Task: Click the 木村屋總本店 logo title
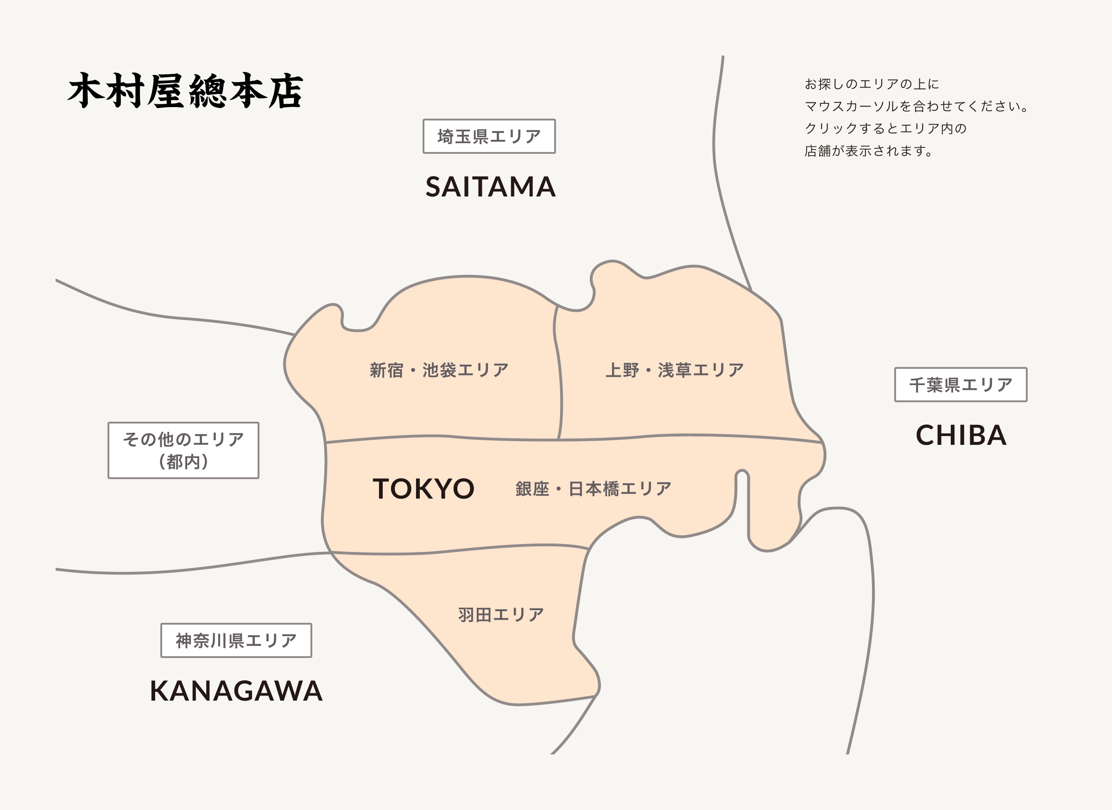coord(185,91)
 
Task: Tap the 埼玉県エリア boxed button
coord(489,136)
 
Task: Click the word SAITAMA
coord(490,187)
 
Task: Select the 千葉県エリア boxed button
coord(960,385)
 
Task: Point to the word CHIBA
coord(961,436)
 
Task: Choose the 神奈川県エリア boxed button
coord(236,640)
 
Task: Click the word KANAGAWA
coord(236,691)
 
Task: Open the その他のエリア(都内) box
coord(183,450)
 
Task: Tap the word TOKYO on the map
coord(423,489)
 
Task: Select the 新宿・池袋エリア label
coord(439,370)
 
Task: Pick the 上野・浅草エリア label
coord(675,370)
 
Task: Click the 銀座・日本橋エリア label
coord(593,489)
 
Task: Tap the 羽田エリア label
coord(501,615)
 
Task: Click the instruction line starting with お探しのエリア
coord(871,84)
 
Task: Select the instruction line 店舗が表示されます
coord(868,151)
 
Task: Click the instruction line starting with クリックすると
coord(885,128)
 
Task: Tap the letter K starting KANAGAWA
coord(160,691)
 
